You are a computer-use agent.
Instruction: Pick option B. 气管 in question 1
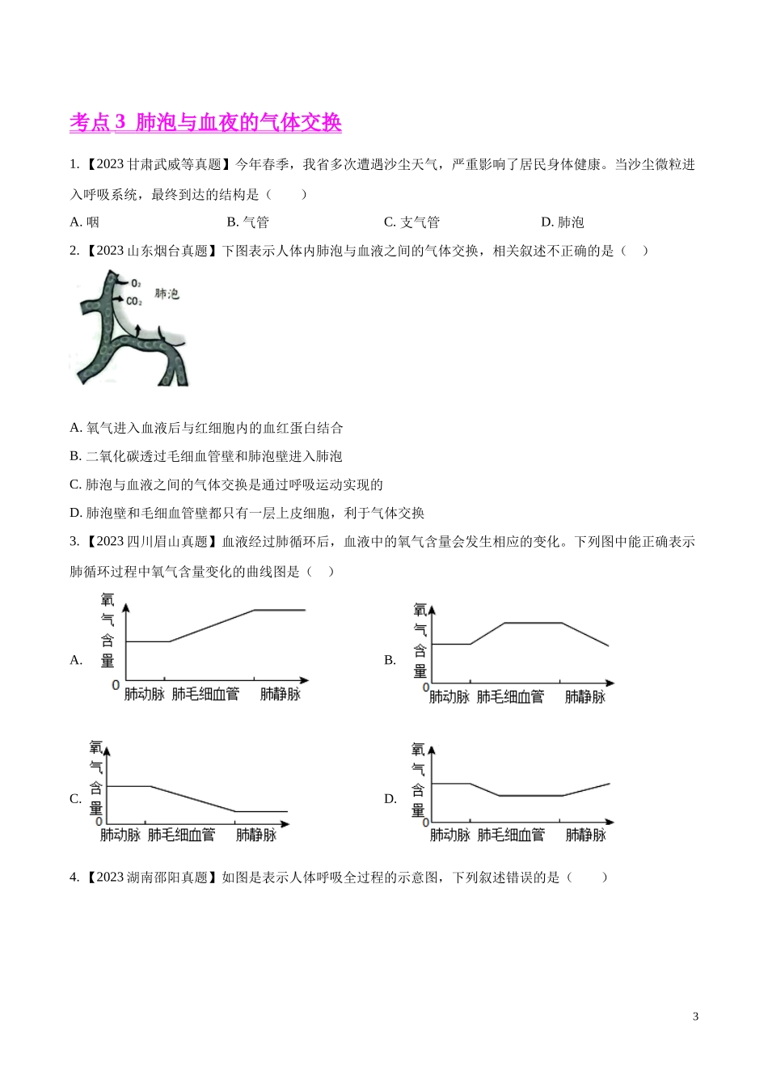[247, 222]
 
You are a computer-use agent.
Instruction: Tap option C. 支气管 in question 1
[411, 222]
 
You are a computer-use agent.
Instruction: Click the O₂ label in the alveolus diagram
[136, 284]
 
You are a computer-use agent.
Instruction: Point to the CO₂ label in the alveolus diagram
[133, 302]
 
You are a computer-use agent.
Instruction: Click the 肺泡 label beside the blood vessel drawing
[167, 294]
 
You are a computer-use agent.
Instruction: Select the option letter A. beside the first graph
[77, 660]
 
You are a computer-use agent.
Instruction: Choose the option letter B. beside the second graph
[390, 660]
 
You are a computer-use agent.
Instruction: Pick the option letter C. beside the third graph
[76, 799]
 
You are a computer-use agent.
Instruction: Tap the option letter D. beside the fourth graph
[390, 799]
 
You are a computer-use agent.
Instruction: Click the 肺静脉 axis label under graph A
[280, 694]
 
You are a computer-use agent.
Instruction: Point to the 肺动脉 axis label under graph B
[449, 696]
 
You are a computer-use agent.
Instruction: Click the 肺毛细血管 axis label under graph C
[181, 835]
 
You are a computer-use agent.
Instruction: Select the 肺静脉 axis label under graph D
[585, 835]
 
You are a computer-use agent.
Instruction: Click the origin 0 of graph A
[116, 685]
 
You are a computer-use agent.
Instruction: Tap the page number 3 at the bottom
[695, 1017]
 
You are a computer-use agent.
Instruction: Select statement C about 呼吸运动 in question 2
[226, 484]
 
